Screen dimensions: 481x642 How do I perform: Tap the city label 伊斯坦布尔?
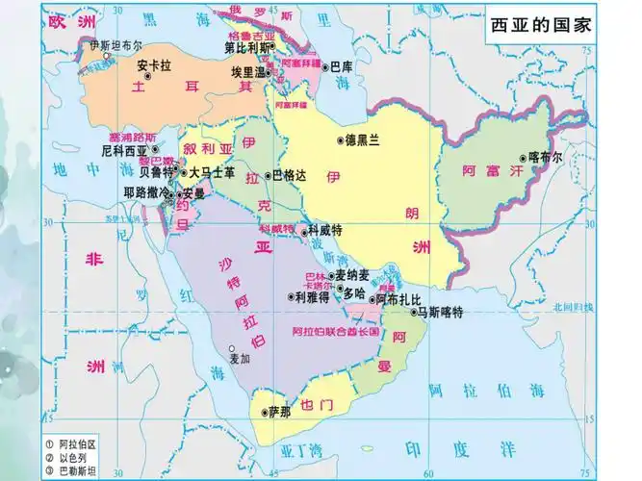115,45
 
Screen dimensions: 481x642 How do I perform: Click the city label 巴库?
342,67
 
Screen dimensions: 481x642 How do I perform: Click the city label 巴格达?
289,175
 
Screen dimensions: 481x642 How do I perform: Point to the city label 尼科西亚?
124,151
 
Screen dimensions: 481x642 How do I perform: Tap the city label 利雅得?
313,297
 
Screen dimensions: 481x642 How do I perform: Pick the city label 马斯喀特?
442,312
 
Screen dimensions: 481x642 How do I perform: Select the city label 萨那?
278,412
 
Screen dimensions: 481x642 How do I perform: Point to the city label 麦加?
240,359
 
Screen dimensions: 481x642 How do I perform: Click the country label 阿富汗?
484,170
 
